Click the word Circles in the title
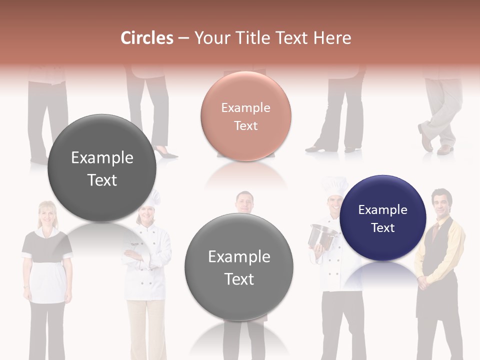pyautogui.click(x=146, y=38)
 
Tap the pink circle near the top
pyautogui.click(x=245, y=116)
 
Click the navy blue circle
pyautogui.click(x=382, y=218)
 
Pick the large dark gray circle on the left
pyautogui.click(x=102, y=168)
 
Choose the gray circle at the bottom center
pyautogui.click(x=239, y=267)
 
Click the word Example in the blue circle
pyautogui.click(x=382, y=210)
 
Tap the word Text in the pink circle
pyautogui.click(x=245, y=125)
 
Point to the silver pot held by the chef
pyautogui.click(x=322, y=235)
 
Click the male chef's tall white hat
pyautogui.click(x=334, y=186)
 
